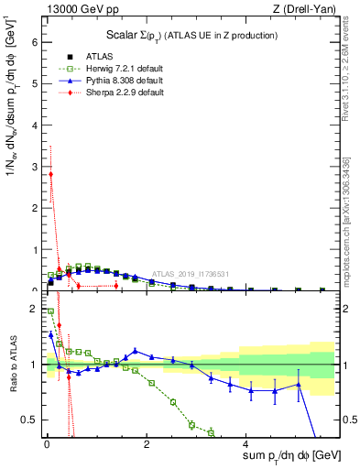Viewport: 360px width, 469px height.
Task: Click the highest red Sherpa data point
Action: click(50, 174)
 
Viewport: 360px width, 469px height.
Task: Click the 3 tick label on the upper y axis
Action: click(34, 167)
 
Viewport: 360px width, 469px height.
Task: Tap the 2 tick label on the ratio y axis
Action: click(34, 310)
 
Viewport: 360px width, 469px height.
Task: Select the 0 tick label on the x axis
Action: click(47, 447)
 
